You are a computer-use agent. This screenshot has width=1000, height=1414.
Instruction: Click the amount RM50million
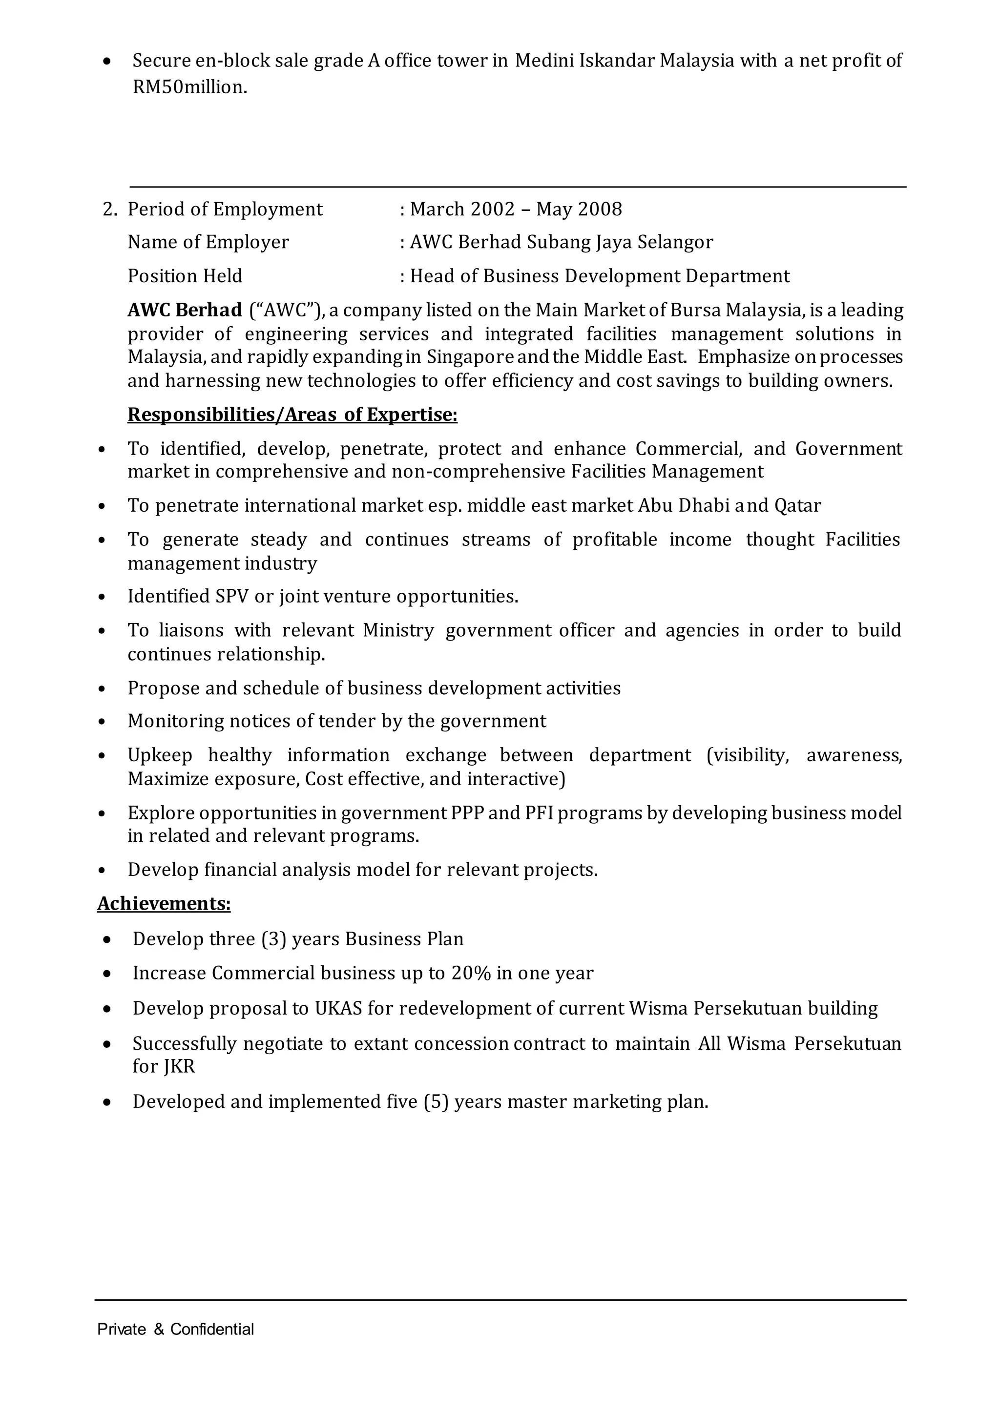[x=189, y=87]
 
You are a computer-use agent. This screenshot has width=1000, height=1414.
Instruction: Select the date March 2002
[x=462, y=209]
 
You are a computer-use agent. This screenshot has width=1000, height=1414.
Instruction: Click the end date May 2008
[x=579, y=209]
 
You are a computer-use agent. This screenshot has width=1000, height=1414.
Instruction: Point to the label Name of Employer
[x=208, y=242]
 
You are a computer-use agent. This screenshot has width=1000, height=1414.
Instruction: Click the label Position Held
[x=185, y=276]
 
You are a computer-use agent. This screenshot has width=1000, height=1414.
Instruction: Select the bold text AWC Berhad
[x=185, y=310]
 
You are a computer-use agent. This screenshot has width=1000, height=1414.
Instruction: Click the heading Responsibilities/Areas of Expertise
[x=292, y=415]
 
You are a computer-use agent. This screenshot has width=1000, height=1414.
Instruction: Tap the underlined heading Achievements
[x=164, y=903]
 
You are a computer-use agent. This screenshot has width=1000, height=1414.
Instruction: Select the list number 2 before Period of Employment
[x=109, y=209]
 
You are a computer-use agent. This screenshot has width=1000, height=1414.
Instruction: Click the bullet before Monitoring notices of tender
[x=102, y=722]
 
